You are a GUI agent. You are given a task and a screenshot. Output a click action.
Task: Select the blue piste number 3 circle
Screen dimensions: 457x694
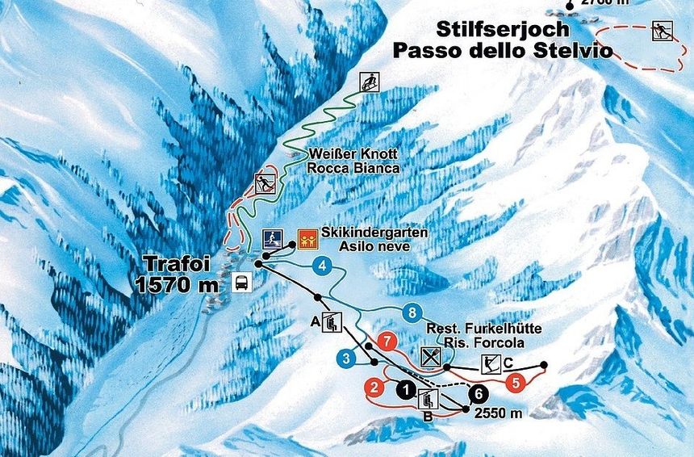346,358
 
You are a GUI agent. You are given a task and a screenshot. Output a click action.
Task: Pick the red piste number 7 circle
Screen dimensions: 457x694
387,340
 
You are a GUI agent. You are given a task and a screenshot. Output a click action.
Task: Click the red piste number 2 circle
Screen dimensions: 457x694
374,388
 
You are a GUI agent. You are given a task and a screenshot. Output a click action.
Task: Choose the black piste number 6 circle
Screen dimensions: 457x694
479,393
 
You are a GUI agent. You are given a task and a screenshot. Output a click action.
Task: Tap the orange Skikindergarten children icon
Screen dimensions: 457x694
306,237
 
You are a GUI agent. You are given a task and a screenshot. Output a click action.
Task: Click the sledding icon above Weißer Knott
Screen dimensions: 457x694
370,81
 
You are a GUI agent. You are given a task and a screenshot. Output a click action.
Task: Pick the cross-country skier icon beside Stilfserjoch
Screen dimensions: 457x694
662,31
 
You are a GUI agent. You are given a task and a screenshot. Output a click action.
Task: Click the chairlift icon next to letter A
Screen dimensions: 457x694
331,322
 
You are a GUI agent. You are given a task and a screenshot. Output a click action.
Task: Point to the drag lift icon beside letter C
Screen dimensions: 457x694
489,364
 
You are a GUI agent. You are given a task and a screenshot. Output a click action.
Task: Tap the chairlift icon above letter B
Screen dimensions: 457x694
429,397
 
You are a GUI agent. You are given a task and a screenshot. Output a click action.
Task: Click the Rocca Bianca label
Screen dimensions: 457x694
353,168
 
